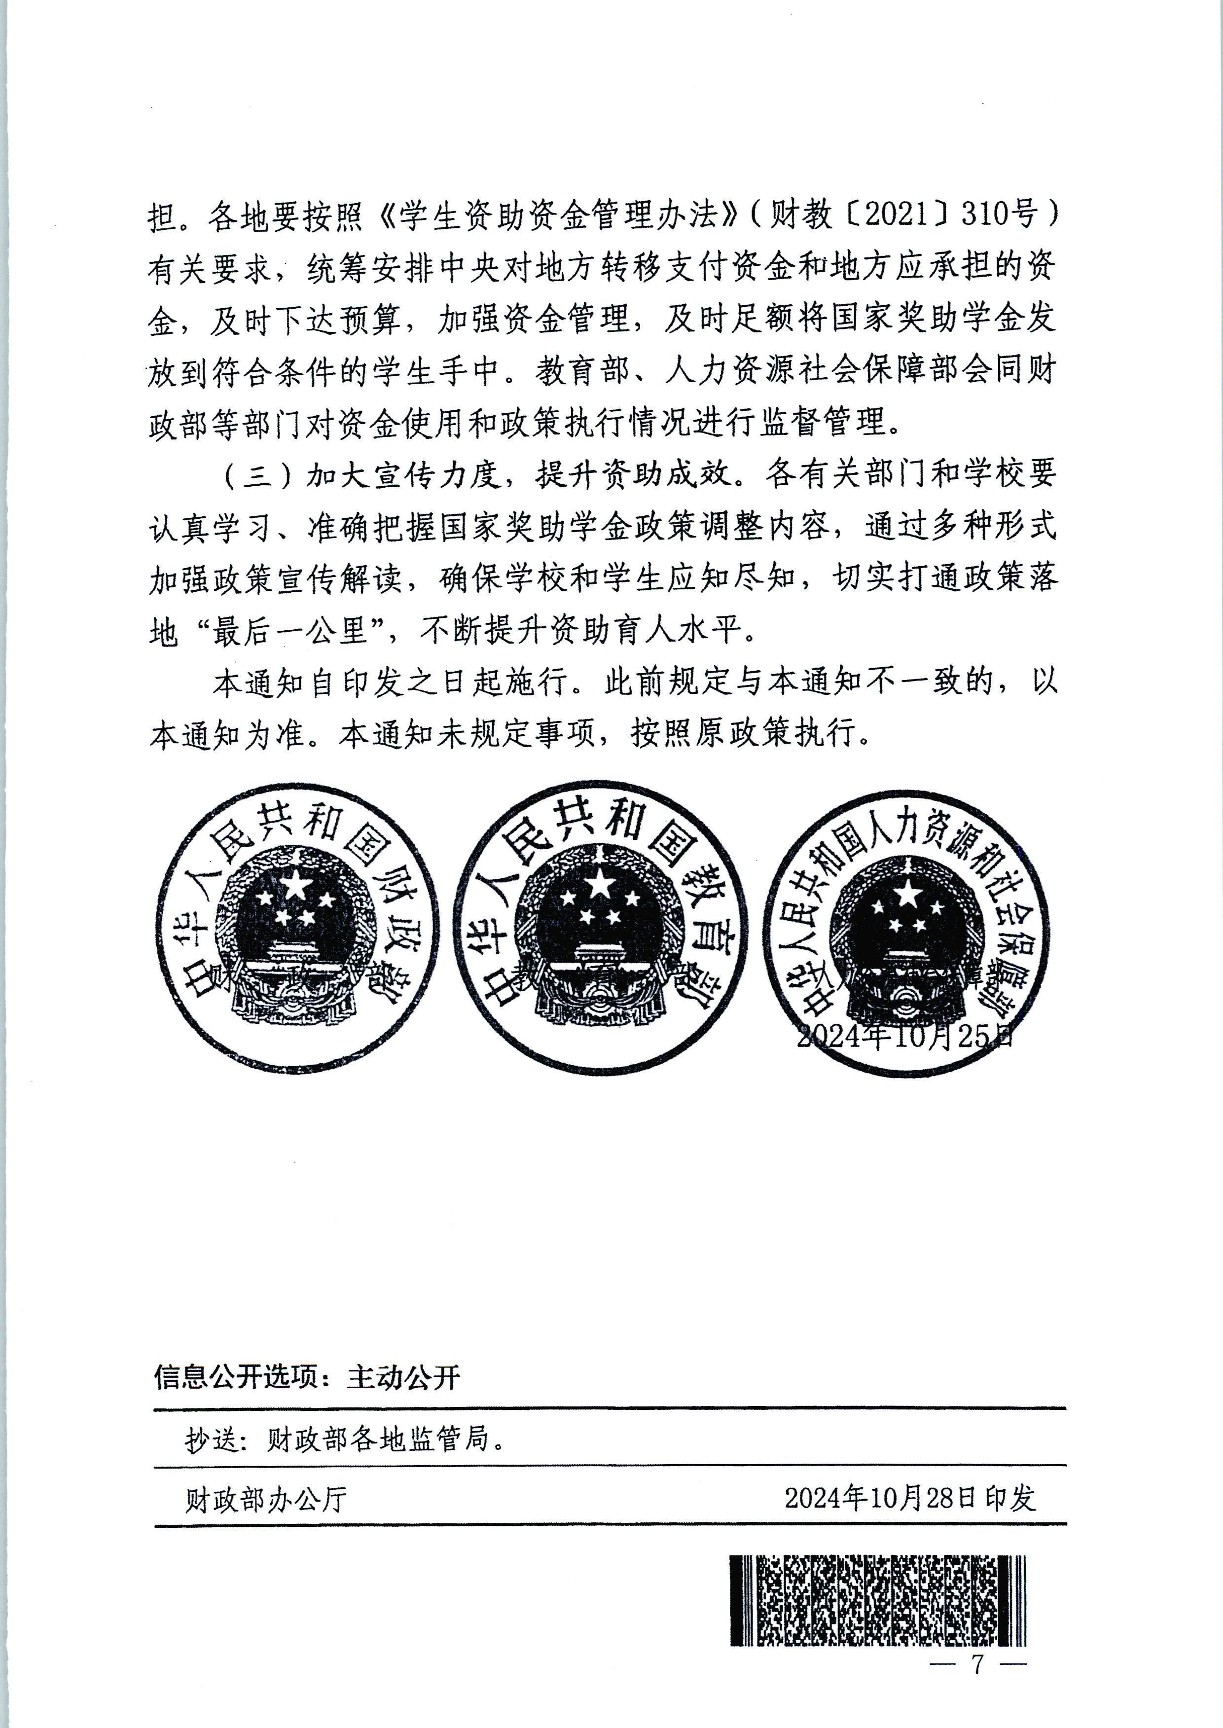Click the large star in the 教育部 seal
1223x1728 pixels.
point(600,884)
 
